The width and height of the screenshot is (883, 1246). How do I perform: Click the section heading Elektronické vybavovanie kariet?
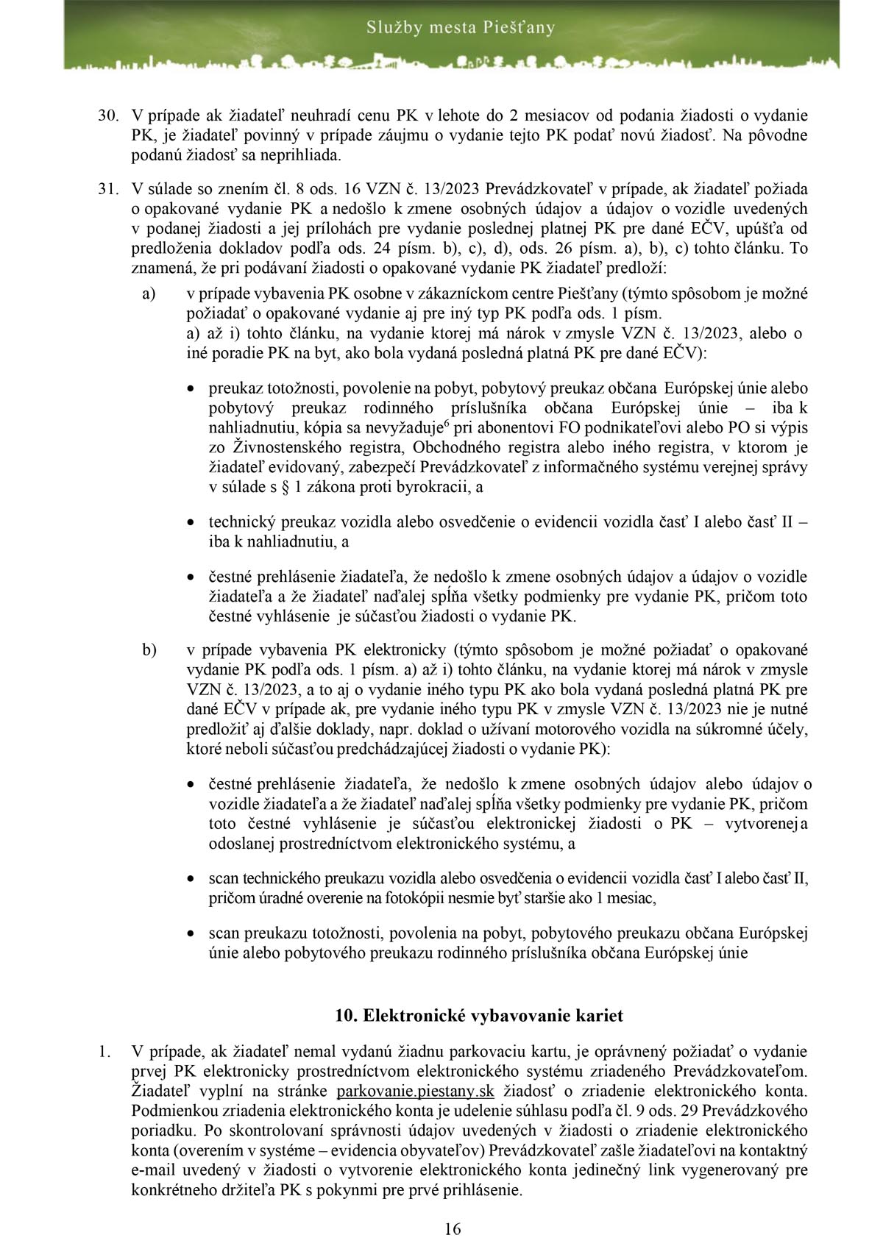point(478,1016)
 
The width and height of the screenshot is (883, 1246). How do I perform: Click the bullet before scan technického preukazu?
point(191,878)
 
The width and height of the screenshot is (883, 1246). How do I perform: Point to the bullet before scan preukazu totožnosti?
point(191,934)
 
